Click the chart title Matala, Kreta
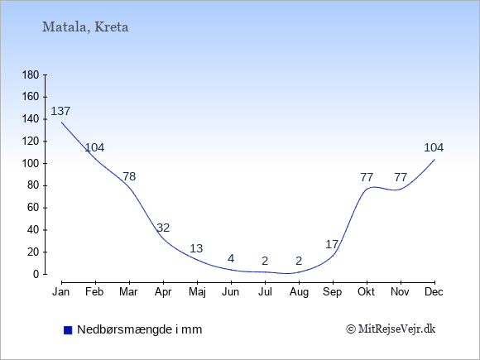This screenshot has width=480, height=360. click(85, 27)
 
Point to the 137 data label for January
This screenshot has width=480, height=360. click(60, 111)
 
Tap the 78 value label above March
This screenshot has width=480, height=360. click(129, 176)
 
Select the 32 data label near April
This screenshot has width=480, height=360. click(163, 228)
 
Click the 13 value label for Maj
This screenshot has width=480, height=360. click(196, 248)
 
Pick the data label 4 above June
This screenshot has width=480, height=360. click(231, 259)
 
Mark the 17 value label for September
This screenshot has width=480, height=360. click(332, 244)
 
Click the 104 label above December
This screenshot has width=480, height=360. click(434, 147)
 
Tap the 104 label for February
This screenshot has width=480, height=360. click(94, 147)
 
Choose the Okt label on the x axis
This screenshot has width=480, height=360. click(366, 292)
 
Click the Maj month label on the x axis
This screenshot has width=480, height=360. click(197, 292)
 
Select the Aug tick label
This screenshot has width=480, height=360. click(299, 292)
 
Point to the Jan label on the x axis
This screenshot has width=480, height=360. click(61, 292)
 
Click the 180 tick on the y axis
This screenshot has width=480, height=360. click(31, 74)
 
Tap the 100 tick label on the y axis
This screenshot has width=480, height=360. click(31, 163)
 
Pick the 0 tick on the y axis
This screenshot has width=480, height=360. click(36, 274)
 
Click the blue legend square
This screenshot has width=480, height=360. click(68, 330)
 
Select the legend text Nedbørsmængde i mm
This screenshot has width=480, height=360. click(140, 329)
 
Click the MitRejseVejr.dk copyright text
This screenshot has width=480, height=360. click(391, 329)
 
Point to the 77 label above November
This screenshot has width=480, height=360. click(401, 177)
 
